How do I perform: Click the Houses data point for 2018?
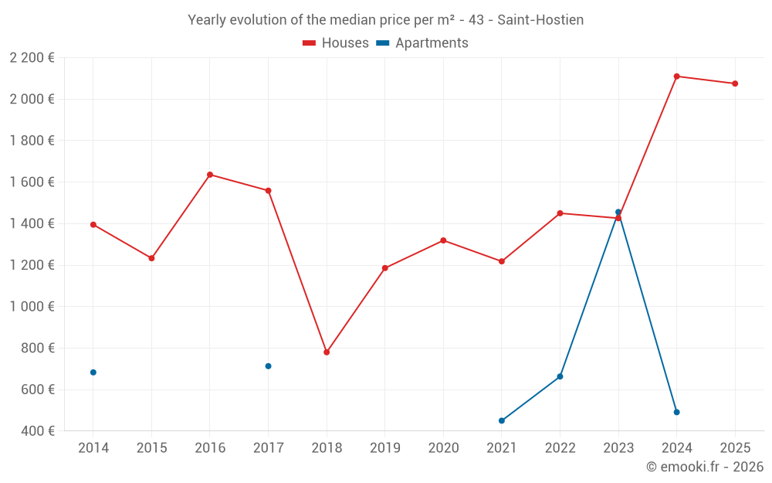(x=327, y=352)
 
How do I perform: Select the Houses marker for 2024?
(x=676, y=77)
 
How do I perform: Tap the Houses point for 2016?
(x=210, y=175)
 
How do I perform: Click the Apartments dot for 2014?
(x=93, y=372)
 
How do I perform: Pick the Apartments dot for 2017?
(x=268, y=366)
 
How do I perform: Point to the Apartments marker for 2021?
(x=502, y=421)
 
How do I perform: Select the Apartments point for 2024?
(x=676, y=413)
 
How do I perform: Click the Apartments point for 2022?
(x=560, y=376)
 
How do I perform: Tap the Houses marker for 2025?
(x=735, y=83)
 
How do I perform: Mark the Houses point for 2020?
(x=443, y=240)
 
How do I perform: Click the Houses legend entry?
(x=336, y=43)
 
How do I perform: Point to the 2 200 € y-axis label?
(x=32, y=57)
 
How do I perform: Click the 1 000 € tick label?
(x=32, y=307)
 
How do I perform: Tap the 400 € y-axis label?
(x=37, y=431)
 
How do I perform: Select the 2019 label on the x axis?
(x=385, y=448)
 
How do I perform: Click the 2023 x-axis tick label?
(x=618, y=448)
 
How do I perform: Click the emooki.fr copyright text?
(x=704, y=467)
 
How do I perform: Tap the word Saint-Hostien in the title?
(x=540, y=19)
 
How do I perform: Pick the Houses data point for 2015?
(x=151, y=258)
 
